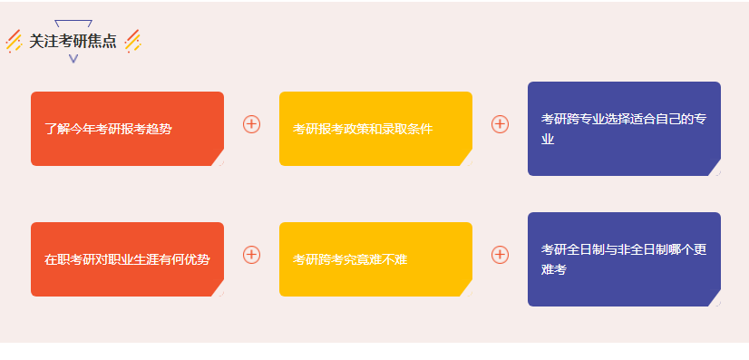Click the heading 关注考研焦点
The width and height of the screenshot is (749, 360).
click(73, 41)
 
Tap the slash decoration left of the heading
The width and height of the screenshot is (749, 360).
click(14, 41)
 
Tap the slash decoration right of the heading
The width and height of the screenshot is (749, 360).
click(132, 41)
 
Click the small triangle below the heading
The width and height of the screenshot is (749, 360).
click(73, 59)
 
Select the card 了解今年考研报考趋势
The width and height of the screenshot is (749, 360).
click(127, 129)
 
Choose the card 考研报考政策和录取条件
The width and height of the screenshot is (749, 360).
click(375, 129)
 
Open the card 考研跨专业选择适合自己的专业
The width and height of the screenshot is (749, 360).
click(624, 128)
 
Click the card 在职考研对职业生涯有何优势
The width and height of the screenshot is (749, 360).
click(127, 259)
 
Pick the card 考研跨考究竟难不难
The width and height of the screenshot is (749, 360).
click(375, 259)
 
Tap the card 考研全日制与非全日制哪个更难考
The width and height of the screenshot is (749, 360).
click(624, 259)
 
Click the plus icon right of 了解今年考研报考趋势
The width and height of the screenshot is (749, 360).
click(251, 124)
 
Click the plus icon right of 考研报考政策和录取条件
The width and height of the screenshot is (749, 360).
click(500, 124)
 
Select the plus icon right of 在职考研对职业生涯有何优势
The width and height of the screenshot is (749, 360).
click(251, 255)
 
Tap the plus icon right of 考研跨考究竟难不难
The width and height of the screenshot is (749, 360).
click(500, 255)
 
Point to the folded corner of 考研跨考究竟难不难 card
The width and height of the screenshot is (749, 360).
click(466, 289)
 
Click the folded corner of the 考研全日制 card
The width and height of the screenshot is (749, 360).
click(715, 299)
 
